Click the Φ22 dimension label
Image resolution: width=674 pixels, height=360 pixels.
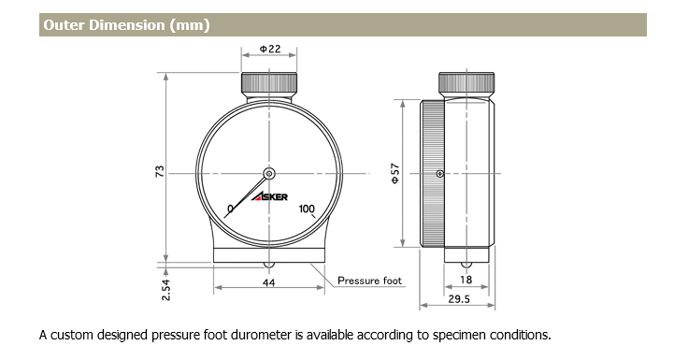point(270,49)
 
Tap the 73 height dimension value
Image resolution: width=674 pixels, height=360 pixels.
point(160,171)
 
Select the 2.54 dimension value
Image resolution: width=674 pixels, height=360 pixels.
point(165,290)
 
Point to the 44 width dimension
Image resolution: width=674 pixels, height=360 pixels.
point(268,282)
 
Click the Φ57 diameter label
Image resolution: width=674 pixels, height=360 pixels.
point(395,173)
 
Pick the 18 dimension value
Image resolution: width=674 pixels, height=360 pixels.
point(466,280)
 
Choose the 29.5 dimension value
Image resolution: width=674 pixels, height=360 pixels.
point(459,299)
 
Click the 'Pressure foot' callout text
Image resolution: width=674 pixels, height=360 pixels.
point(369,281)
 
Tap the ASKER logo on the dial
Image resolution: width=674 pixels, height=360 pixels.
point(269,197)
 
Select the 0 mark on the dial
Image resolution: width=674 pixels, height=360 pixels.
point(230,209)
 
